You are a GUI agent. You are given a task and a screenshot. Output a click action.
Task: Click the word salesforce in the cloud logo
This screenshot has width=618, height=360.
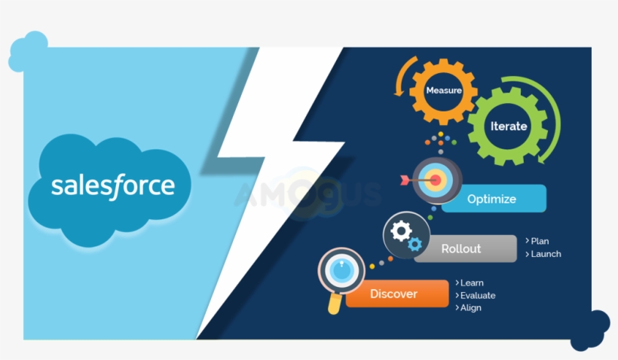click(x=112, y=185)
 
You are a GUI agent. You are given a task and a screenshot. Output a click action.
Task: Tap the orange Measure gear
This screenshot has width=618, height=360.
click(x=443, y=90)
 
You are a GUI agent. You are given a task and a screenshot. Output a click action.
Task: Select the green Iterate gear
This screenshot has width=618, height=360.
click(x=508, y=126)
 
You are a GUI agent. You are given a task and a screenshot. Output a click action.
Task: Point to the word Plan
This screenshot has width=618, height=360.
click(x=540, y=241)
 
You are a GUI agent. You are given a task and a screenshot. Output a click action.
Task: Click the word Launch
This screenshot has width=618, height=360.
click(x=546, y=254)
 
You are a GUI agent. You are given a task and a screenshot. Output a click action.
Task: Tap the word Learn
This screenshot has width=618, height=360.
click(x=472, y=283)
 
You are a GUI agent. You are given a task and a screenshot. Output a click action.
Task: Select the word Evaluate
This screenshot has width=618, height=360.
click(x=478, y=295)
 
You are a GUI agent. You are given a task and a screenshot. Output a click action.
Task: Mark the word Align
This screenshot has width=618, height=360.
click(x=471, y=307)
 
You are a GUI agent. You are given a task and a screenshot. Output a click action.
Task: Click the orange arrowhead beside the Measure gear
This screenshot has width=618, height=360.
click(x=396, y=92)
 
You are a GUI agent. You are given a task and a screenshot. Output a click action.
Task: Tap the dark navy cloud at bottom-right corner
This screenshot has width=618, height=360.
click(x=590, y=330)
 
